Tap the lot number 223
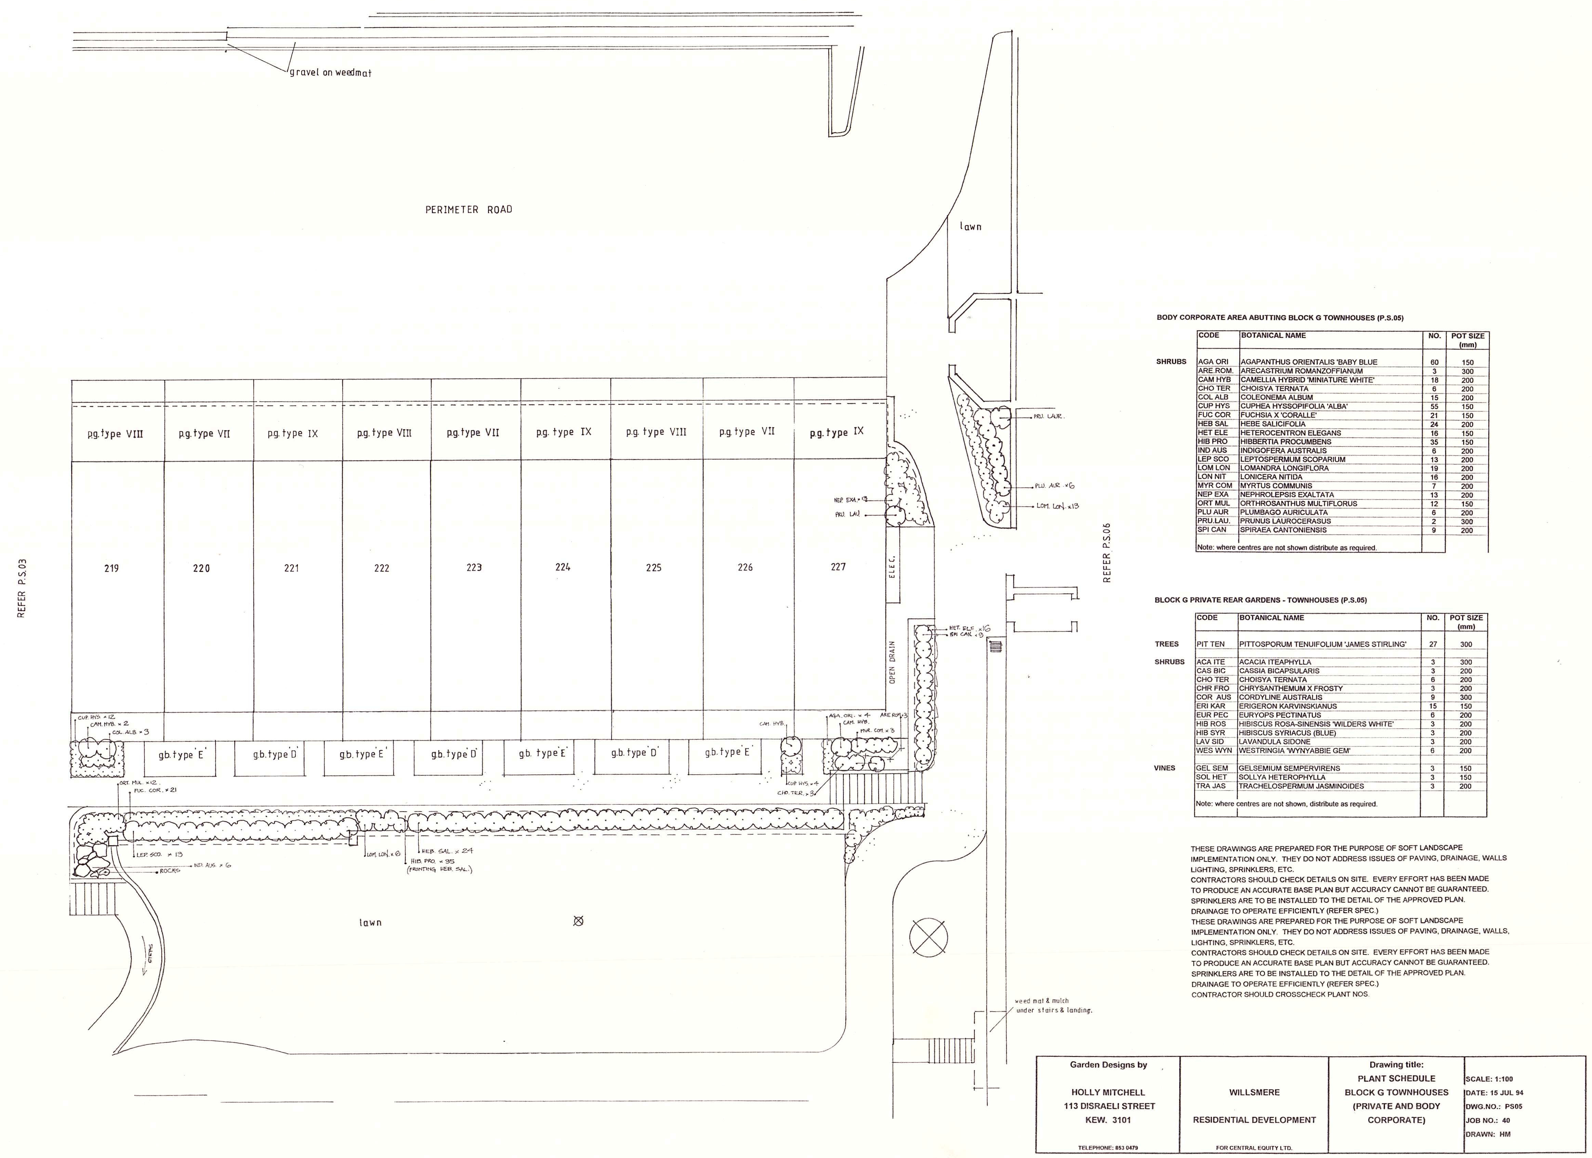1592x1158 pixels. tap(474, 567)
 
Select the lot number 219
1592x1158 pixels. tap(111, 568)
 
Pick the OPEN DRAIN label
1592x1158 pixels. tap(892, 662)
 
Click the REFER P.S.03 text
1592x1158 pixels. tap(22, 588)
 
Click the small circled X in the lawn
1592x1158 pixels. tap(578, 921)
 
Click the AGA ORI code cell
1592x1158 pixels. tap(1213, 362)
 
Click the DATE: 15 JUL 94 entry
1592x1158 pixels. tap(1494, 1093)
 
